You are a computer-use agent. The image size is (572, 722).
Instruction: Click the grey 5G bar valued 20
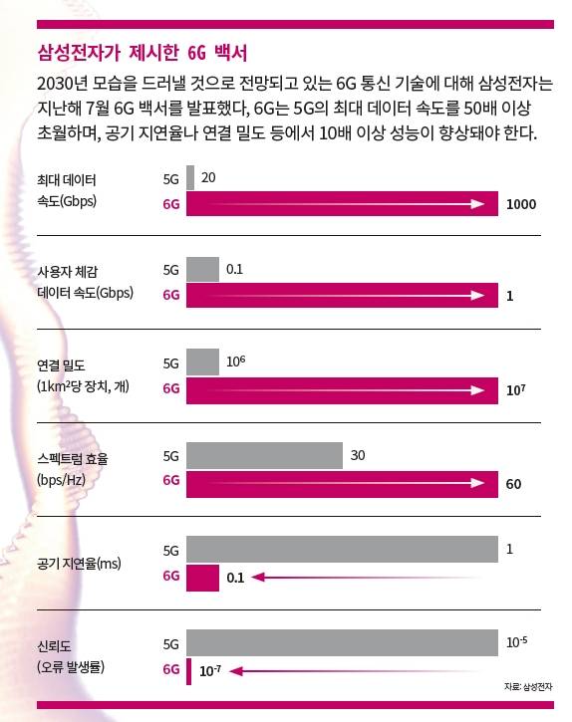[190, 178]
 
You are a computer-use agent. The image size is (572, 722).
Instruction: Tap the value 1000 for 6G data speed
[521, 204]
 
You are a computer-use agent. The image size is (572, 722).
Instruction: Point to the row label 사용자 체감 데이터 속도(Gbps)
[84, 283]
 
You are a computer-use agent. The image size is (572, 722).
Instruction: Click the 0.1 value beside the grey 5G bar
[235, 269]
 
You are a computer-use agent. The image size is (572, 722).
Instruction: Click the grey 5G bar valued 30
[264, 456]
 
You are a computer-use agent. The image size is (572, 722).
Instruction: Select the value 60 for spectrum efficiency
[514, 484]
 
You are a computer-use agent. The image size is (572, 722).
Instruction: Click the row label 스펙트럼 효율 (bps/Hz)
[71, 469]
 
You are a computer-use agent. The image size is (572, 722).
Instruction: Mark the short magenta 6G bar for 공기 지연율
[202, 576]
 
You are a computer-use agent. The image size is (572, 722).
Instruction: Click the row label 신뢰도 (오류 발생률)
[70, 656]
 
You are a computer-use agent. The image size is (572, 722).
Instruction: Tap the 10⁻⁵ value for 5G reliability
[516, 643]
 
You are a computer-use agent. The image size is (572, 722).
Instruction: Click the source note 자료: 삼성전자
[529, 687]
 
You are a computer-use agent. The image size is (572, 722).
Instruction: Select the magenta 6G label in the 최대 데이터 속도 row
[170, 204]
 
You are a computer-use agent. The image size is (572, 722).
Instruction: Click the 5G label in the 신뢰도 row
[170, 643]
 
